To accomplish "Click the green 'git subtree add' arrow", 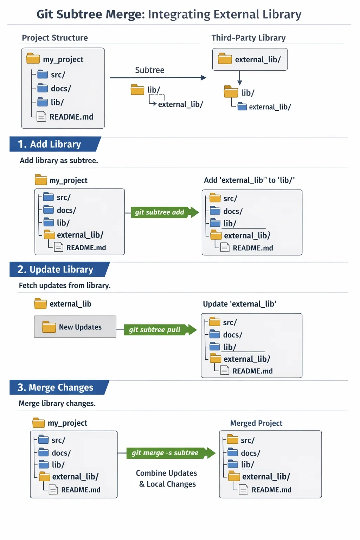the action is tap(165, 212).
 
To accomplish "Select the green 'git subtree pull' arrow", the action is tap(160, 329).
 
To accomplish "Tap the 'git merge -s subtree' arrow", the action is tap(171, 453).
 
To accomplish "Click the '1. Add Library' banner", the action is tap(55, 144).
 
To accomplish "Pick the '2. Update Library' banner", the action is tap(59, 269).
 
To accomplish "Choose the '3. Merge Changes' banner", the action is tap(59, 387).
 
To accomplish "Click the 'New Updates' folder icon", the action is tap(49, 327).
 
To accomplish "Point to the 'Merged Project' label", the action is tap(256, 423).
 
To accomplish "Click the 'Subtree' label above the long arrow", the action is tap(149, 70).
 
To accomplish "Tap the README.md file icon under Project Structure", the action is tap(41, 117).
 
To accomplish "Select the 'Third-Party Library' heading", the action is tap(248, 38).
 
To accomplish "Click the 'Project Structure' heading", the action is tap(55, 38).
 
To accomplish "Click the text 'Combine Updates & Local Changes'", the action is tap(167, 478).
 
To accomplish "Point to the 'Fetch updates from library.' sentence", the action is tap(65, 285).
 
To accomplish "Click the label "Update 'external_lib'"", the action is tap(239, 304).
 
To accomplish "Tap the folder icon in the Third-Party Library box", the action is tap(225, 59).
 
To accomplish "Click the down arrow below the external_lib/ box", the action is tap(239, 78).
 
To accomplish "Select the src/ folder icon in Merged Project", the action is tap(233, 439).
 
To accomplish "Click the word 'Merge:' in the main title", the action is tap(126, 14).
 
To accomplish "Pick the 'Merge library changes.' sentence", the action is tap(57, 403).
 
